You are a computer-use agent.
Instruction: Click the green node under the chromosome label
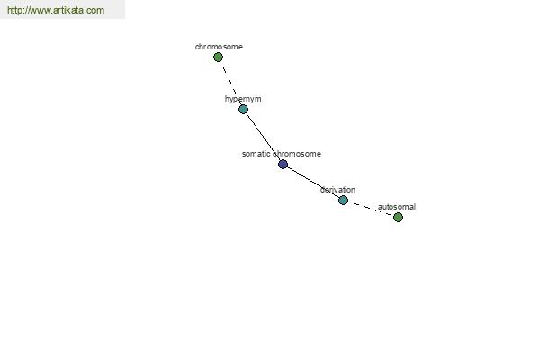point(218,58)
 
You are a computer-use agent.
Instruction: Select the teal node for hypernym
point(244,110)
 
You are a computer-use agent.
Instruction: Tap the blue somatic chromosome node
point(283,165)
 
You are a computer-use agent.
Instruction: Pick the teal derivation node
point(343,200)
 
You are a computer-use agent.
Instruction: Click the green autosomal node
point(398,218)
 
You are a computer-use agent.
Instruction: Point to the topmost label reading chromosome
point(219,47)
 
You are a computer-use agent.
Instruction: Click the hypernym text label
point(243,99)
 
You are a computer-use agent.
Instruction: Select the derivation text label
point(337,190)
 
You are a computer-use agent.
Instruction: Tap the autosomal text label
point(397,207)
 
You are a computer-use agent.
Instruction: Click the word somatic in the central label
point(256,154)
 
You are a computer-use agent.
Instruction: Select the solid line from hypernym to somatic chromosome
point(263,137)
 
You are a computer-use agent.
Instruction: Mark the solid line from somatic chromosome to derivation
point(312,182)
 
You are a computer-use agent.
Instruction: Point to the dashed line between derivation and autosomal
point(371,209)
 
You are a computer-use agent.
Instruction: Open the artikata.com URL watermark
point(56,10)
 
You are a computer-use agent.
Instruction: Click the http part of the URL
point(15,10)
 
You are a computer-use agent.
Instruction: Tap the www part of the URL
point(40,11)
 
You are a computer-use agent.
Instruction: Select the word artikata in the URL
point(69,10)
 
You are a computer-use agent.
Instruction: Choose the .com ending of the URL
point(94,11)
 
